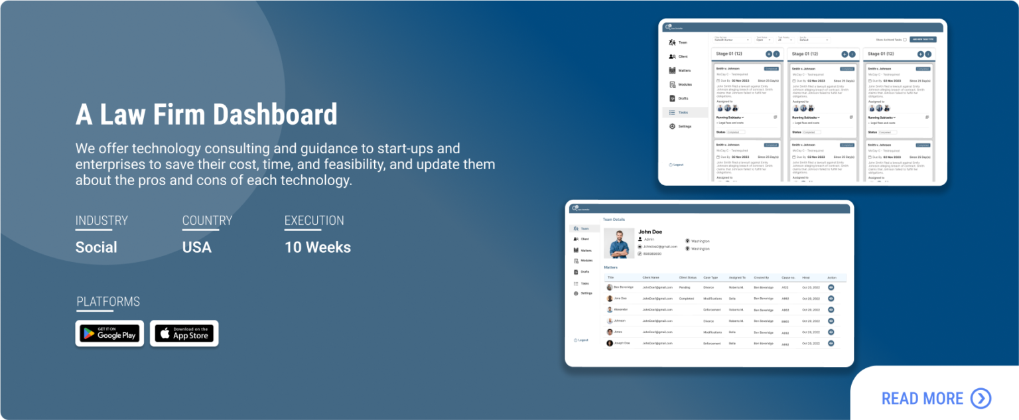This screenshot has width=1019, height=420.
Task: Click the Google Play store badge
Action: tap(109, 333)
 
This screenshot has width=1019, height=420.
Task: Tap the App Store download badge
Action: tap(184, 333)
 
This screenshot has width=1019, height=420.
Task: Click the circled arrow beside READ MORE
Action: tap(981, 398)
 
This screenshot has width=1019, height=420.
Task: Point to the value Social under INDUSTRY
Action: tap(96, 247)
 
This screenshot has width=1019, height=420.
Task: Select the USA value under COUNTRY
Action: tap(197, 247)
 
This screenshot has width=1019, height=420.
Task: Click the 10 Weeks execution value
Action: tap(318, 247)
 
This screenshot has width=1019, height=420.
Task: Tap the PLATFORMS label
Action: tap(108, 302)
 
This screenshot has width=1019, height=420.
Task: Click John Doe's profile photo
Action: tap(619, 244)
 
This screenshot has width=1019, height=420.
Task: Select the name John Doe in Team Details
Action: tap(651, 232)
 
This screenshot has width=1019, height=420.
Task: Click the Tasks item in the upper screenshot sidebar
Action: tap(683, 113)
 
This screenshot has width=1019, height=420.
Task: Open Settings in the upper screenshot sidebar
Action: tap(685, 126)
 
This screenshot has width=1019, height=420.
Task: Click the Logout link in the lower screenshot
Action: tap(582, 340)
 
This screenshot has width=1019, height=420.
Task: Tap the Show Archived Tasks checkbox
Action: tap(904, 40)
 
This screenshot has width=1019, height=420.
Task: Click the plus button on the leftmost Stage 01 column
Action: tap(769, 54)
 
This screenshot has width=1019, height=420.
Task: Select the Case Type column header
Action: tap(711, 277)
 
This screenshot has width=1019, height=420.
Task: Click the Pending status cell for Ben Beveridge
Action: tap(685, 287)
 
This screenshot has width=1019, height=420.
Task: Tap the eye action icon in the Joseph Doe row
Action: tap(831, 343)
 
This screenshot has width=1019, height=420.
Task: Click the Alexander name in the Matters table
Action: tap(620, 310)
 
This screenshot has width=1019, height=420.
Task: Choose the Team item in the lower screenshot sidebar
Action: tap(584, 228)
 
